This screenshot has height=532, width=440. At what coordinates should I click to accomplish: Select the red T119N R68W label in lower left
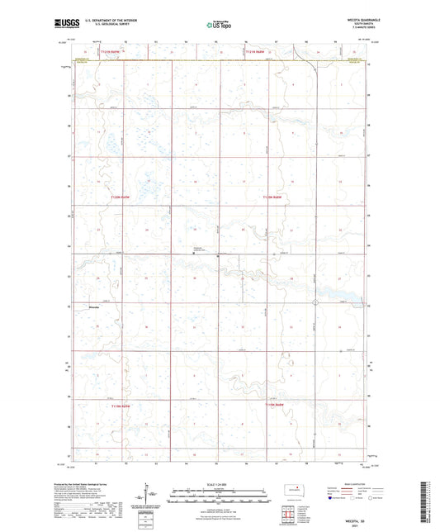(x=121, y=406)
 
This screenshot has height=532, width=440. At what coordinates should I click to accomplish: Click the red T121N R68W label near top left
(x=111, y=52)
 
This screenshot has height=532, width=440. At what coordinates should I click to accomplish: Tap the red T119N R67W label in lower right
(x=275, y=406)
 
